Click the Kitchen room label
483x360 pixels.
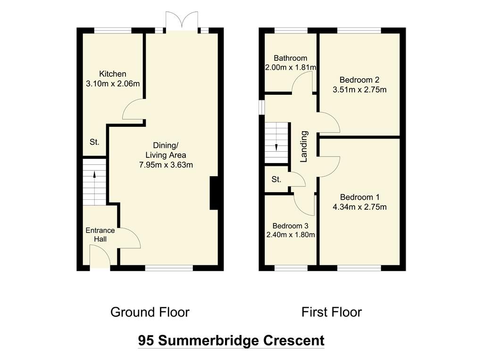113,74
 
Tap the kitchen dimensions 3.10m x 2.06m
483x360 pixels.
113,84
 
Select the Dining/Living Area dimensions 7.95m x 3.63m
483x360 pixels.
166,165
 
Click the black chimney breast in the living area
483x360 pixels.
213,193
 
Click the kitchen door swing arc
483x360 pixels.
132,112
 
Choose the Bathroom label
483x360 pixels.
290,58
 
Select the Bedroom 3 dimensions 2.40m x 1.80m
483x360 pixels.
290,235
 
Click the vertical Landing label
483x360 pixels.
304,147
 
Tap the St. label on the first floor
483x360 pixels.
276,180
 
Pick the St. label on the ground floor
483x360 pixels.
94,142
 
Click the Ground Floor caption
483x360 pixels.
150,312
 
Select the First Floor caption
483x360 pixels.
332,312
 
